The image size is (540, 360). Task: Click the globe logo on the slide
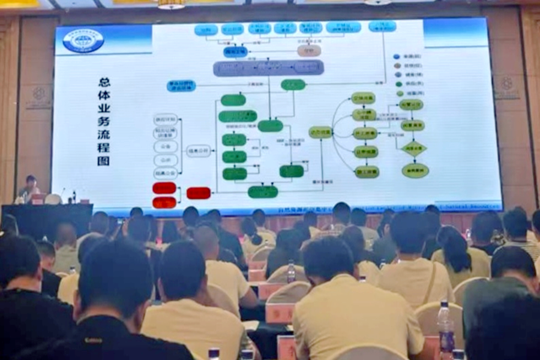coord(83,41)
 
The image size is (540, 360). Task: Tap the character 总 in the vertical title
coord(103,82)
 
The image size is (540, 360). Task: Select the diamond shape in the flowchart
coord(414,148)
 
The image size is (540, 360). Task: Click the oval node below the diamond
coord(415,170)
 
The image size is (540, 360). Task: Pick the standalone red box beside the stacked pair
coord(199,193)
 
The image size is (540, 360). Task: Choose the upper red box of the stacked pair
coord(164,188)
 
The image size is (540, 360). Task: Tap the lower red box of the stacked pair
coord(164,202)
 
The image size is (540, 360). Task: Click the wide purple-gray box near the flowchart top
coord(268,68)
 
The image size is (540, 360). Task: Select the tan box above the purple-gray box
coord(308,50)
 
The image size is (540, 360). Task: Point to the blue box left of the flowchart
coord(181,86)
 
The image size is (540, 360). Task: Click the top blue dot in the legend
coord(397,56)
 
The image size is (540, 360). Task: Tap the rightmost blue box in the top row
coord(382,26)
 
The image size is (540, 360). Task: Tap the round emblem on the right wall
coord(507,84)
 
